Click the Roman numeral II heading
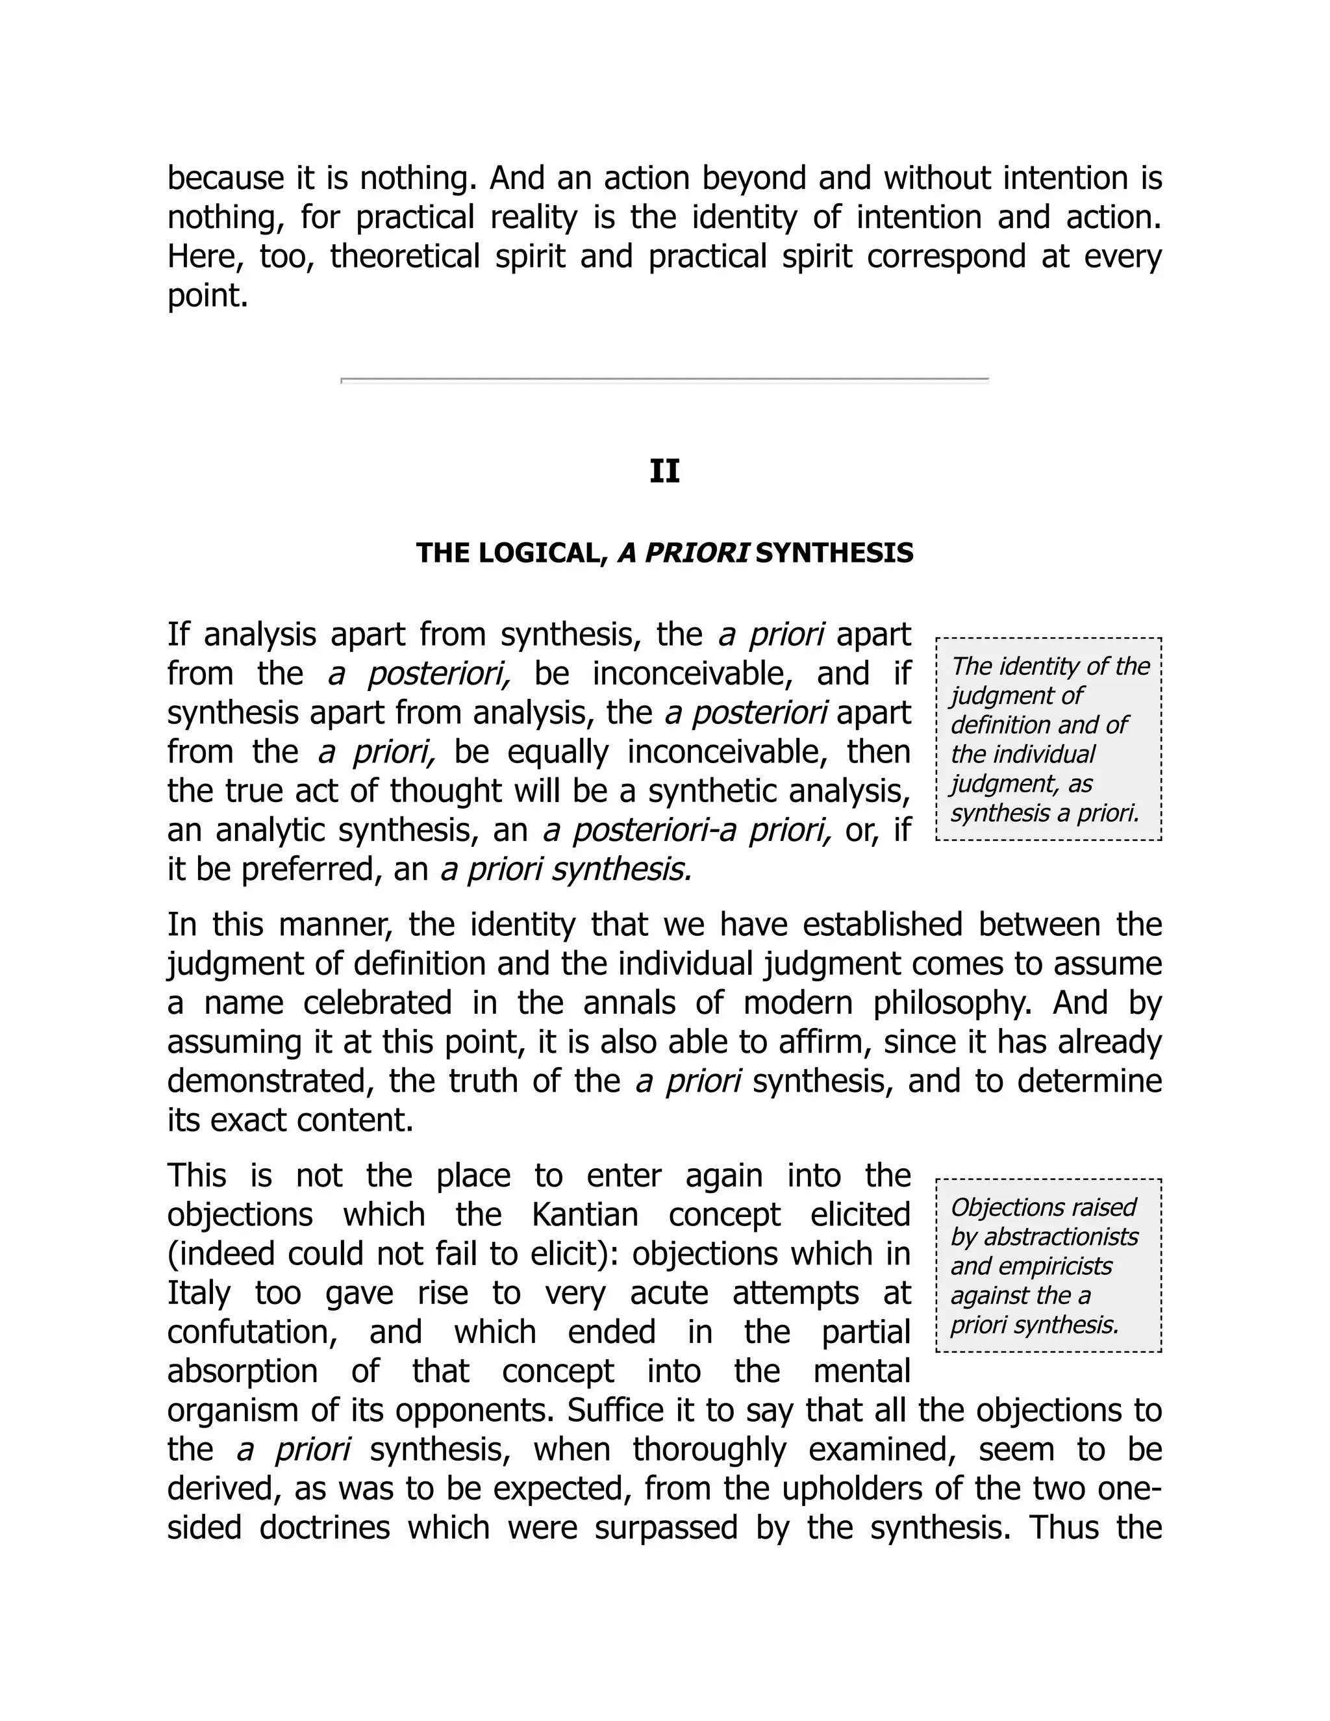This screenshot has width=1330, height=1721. (664, 471)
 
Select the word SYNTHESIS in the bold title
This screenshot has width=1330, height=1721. (834, 553)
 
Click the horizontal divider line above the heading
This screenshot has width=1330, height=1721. (664, 380)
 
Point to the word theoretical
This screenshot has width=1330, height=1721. (404, 257)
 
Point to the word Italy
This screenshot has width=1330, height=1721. (199, 1293)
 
